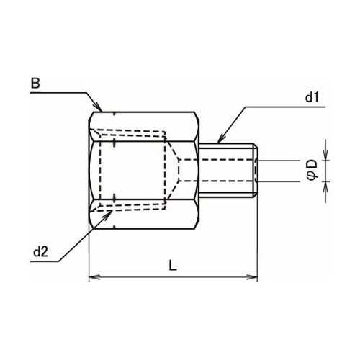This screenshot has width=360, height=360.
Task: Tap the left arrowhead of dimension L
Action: (92, 277)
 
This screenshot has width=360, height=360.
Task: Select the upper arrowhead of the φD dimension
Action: (325, 155)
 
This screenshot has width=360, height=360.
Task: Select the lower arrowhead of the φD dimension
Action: (325, 184)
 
